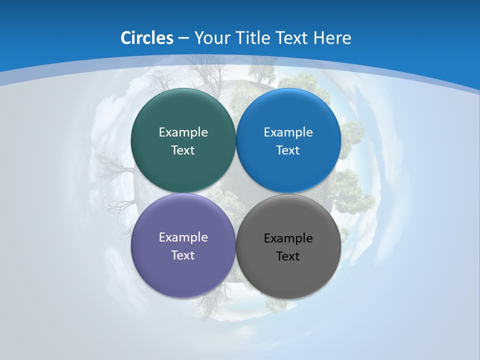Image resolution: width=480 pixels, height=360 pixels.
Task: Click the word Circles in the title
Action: (146, 37)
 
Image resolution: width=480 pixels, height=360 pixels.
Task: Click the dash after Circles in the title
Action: (183, 38)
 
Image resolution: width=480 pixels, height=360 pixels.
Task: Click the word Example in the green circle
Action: (183, 132)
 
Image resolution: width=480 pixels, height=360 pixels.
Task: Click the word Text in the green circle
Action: (183, 150)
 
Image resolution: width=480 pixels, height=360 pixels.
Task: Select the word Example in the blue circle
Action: (288, 132)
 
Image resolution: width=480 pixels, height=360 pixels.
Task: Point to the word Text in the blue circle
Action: (288, 150)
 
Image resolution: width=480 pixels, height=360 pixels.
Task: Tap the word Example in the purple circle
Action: (183, 237)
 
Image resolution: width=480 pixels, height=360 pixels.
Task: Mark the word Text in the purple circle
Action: (183, 255)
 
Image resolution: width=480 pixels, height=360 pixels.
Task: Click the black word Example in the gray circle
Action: (288, 238)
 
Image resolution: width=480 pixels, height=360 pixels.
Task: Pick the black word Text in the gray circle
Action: (288, 256)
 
